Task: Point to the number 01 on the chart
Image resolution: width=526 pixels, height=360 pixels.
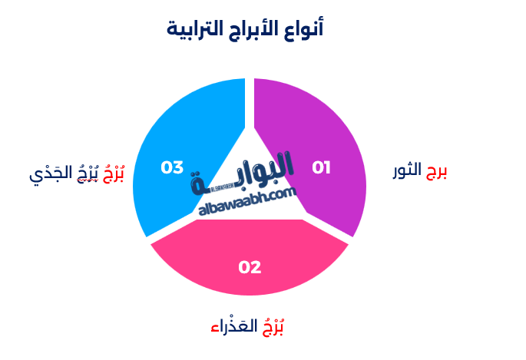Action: pyautogui.click(x=321, y=167)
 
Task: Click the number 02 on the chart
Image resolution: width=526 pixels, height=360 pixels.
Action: pyautogui.click(x=250, y=268)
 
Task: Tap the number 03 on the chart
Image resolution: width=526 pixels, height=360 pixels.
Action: pyautogui.click(x=172, y=167)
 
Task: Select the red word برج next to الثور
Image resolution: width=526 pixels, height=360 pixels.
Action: pyautogui.click(x=436, y=171)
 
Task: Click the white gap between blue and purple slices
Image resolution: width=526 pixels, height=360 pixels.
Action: pyautogui.click(x=249, y=100)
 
